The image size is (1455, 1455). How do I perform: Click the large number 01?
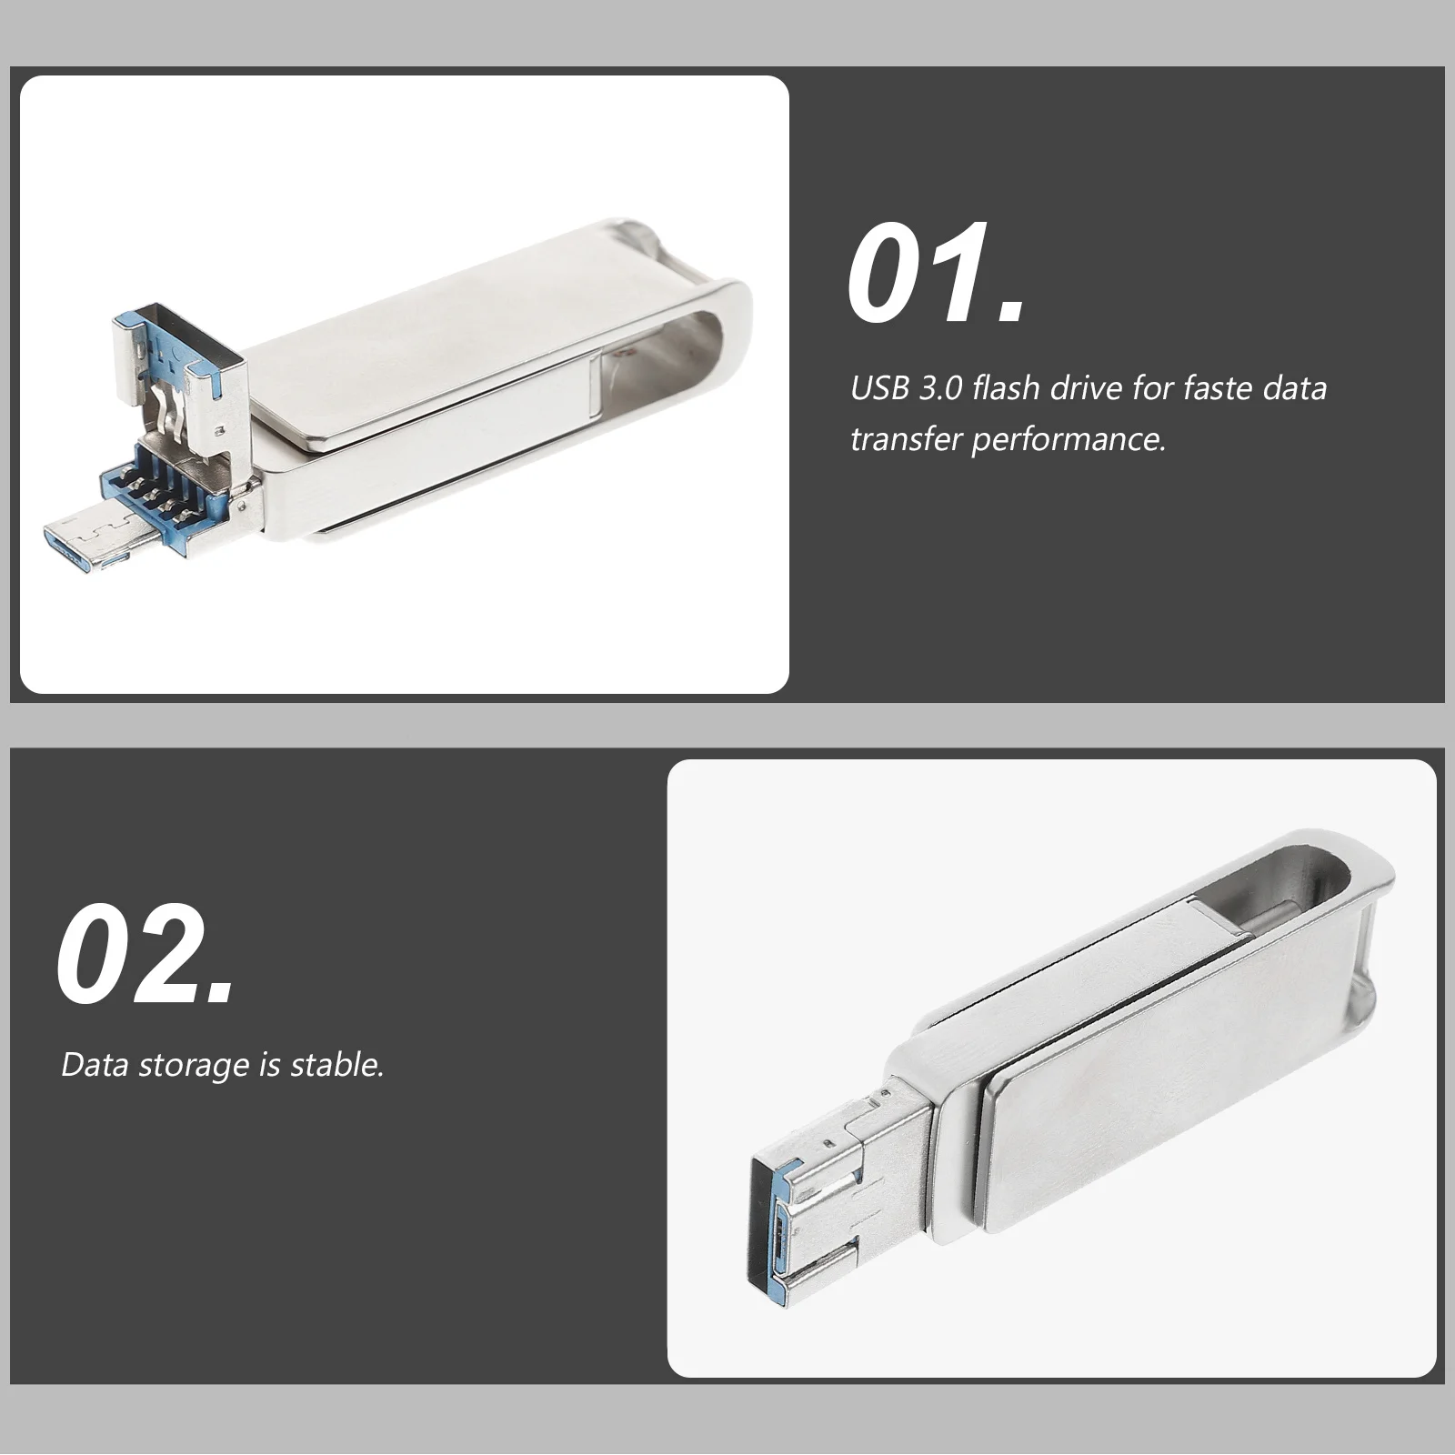[x=937, y=273]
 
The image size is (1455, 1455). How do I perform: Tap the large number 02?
[x=145, y=955]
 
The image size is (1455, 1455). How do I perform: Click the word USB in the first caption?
[x=879, y=388]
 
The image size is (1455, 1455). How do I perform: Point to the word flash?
[x=1007, y=388]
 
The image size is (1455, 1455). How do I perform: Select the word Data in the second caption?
[x=95, y=1065]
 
